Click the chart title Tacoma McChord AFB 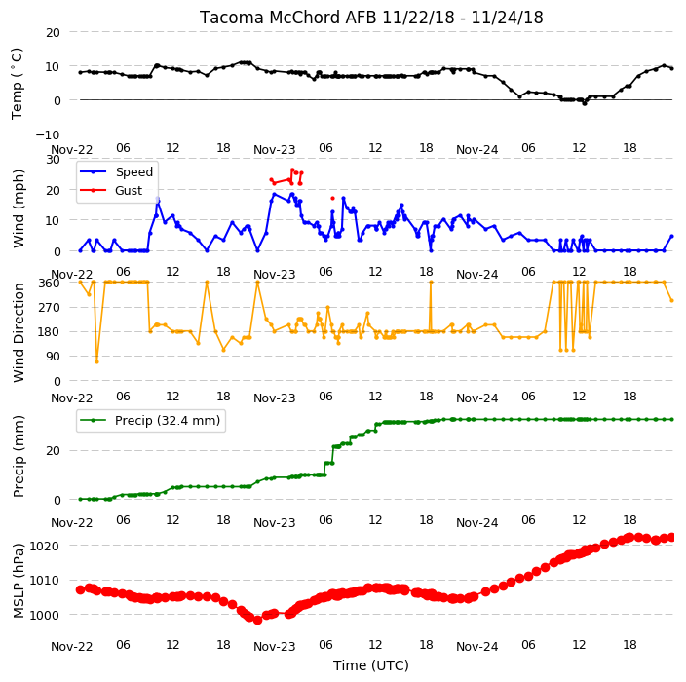[x=289, y=18]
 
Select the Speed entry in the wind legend [x=133, y=171]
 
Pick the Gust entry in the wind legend [x=129, y=191]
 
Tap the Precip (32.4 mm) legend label [x=168, y=421]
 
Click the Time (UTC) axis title [x=371, y=665]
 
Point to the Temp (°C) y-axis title [x=17, y=84]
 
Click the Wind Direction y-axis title [x=19, y=332]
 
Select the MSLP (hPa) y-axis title [x=19, y=581]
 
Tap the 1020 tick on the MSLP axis [x=44, y=546]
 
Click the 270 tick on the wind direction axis [x=51, y=308]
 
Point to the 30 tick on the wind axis [x=53, y=159]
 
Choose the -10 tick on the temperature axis [x=48, y=134]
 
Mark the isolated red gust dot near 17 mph [x=332, y=199]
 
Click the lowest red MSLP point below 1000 [x=257, y=620]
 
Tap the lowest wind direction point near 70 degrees [x=96, y=361]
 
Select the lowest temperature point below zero [x=585, y=103]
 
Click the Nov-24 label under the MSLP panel [x=476, y=647]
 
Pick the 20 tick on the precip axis [x=53, y=450]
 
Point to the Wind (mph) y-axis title [x=19, y=209]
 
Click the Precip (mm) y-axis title [x=19, y=457]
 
